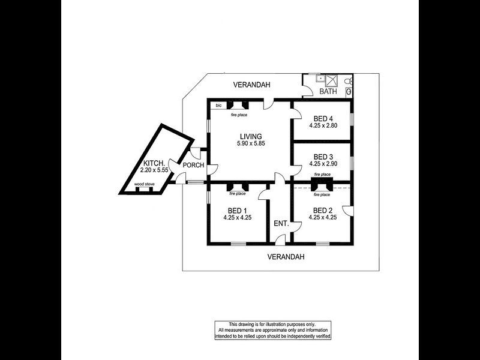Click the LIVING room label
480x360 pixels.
pos(251,137)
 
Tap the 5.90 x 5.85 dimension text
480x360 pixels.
pos(251,143)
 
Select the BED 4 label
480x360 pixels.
pos(323,119)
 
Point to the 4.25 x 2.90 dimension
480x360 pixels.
pos(323,164)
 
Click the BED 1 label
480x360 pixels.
pos(237,211)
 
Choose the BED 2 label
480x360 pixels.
pos(323,211)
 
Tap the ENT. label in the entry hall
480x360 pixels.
pos(281,224)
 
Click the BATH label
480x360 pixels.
pos(328,91)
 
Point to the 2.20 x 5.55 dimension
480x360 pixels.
pos(154,170)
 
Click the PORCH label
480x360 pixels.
pos(193,166)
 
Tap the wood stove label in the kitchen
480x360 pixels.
pos(144,184)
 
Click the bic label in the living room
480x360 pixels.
pos(218,106)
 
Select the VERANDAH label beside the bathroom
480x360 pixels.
pos(251,85)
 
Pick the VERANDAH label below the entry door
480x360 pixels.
pos(286,257)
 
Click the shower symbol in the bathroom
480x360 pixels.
pos(331,80)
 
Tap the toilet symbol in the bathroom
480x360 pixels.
pos(349,82)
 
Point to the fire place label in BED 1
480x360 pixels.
pos(238,194)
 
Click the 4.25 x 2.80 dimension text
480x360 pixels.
pos(323,125)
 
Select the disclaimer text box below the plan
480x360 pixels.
pos(273,331)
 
